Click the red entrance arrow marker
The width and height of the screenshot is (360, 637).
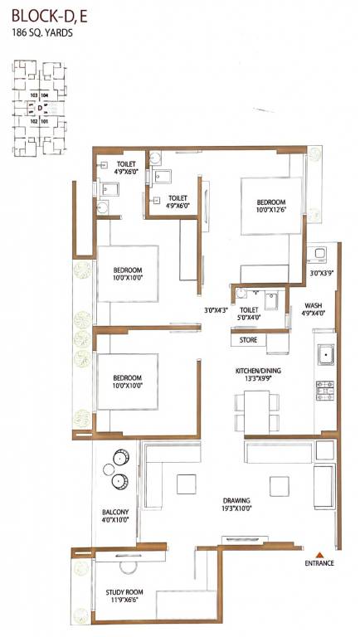tap(318, 554)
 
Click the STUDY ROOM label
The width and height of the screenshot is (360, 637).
tap(126, 592)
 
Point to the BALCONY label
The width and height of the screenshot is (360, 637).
tap(114, 512)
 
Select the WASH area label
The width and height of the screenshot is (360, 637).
tap(312, 304)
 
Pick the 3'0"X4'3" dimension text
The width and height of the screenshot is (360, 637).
tap(216, 311)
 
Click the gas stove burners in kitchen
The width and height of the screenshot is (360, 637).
tap(325, 387)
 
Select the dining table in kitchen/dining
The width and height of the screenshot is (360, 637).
tap(251, 411)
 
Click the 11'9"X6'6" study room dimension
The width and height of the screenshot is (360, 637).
tap(126, 602)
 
